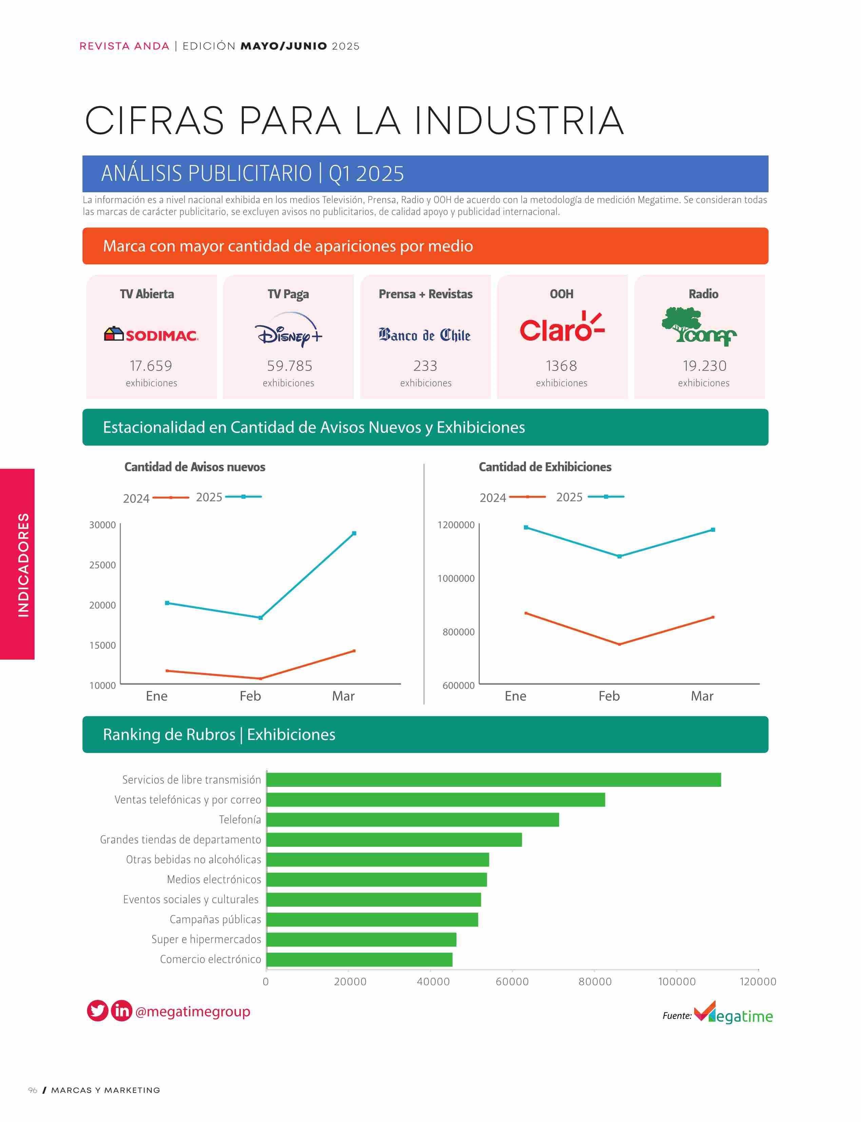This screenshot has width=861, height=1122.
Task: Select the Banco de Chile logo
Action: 425,335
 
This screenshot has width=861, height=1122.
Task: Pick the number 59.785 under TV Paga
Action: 290,366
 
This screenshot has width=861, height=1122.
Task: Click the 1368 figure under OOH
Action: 562,366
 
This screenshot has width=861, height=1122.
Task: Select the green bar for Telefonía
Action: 413,819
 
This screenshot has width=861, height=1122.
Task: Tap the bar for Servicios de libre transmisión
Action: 493,779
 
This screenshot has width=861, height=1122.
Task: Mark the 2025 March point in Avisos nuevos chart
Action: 354,533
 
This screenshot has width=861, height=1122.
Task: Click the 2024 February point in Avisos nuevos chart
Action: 260,679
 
